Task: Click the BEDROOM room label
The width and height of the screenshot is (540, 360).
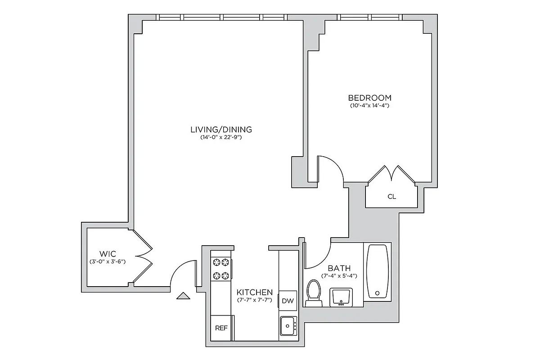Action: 369,98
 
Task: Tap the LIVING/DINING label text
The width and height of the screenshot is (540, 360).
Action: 221,130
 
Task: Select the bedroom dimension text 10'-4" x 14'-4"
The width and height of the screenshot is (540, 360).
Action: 369,106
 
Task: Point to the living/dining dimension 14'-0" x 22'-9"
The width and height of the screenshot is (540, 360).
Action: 221,138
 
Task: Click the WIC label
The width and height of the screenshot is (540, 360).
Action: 107,253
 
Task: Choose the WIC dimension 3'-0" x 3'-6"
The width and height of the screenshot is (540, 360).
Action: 107,261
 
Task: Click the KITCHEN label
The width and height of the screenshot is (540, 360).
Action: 255,292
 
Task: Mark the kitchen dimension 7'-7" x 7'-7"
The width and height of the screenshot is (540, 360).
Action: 255,300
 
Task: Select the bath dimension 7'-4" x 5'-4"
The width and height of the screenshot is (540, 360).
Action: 339,275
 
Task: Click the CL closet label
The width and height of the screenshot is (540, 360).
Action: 391,196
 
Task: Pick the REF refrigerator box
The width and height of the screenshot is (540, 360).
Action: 221,328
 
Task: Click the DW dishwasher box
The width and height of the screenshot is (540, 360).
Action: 288,301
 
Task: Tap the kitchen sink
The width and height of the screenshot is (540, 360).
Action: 288,325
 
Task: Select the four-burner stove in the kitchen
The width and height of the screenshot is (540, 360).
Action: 220,269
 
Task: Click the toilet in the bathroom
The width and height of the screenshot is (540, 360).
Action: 313,292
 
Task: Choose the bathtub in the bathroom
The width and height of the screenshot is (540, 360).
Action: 377,271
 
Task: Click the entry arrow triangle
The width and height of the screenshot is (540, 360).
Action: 183,296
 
